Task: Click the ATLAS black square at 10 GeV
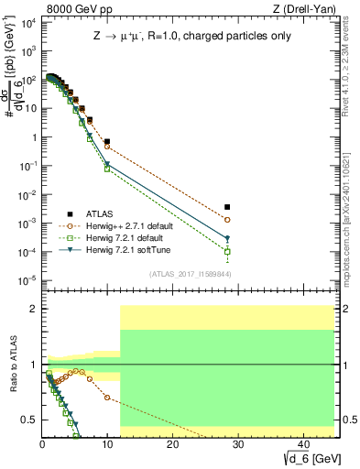point(107,142)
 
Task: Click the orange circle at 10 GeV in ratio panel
point(107,398)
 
